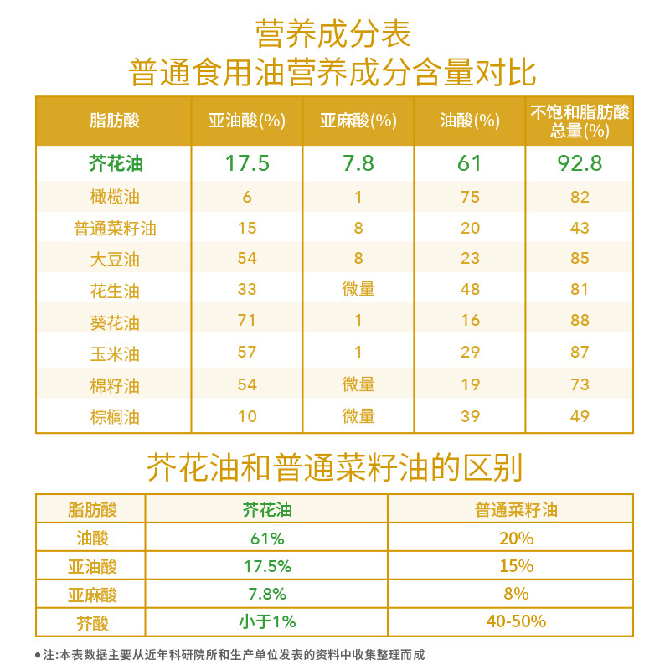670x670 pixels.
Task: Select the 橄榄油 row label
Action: point(115,197)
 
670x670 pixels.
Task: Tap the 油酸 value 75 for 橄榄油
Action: point(470,197)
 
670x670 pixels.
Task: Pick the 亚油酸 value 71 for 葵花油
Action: point(247,321)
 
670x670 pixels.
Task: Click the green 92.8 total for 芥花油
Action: point(580,163)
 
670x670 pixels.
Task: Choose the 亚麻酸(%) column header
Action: point(358,121)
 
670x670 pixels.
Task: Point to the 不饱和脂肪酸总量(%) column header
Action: point(580,121)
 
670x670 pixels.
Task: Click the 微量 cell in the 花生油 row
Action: point(358,290)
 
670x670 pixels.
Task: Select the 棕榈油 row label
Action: point(115,416)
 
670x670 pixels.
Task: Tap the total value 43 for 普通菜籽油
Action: point(580,228)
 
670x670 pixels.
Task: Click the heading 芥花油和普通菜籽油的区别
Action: point(334,466)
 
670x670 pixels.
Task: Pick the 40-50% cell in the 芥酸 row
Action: point(516,621)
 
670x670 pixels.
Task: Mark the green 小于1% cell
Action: point(267,621)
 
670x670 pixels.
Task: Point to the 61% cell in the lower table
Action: point(267,538)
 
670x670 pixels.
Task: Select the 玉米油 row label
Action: point(115,353)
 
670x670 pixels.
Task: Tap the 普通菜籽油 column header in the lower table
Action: point(516,509)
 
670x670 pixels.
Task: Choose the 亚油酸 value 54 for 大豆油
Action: point(247,259)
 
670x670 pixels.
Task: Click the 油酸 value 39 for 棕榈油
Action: point(470,416)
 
